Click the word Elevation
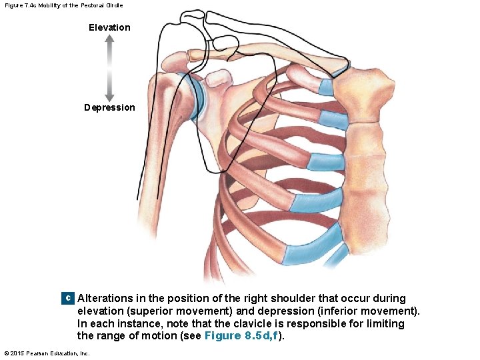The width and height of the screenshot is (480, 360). (109, 27)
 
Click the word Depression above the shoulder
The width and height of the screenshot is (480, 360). (109, 107)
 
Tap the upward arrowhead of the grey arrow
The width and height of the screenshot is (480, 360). (109, 40)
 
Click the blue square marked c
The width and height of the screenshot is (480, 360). (67, 299)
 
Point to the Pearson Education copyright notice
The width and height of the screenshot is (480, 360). (47, 353)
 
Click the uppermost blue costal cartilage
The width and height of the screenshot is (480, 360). (326, 86)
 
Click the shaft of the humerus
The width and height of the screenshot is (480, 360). (149, 153)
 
